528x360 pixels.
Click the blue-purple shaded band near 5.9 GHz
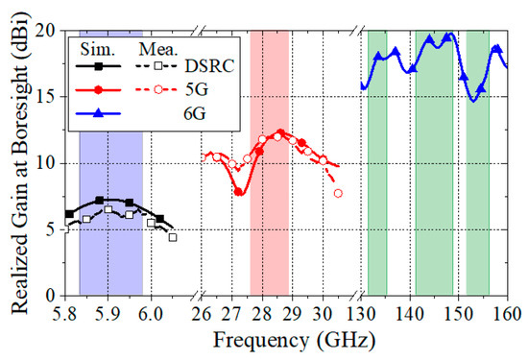pyautogui.click(x=110, y=250)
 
